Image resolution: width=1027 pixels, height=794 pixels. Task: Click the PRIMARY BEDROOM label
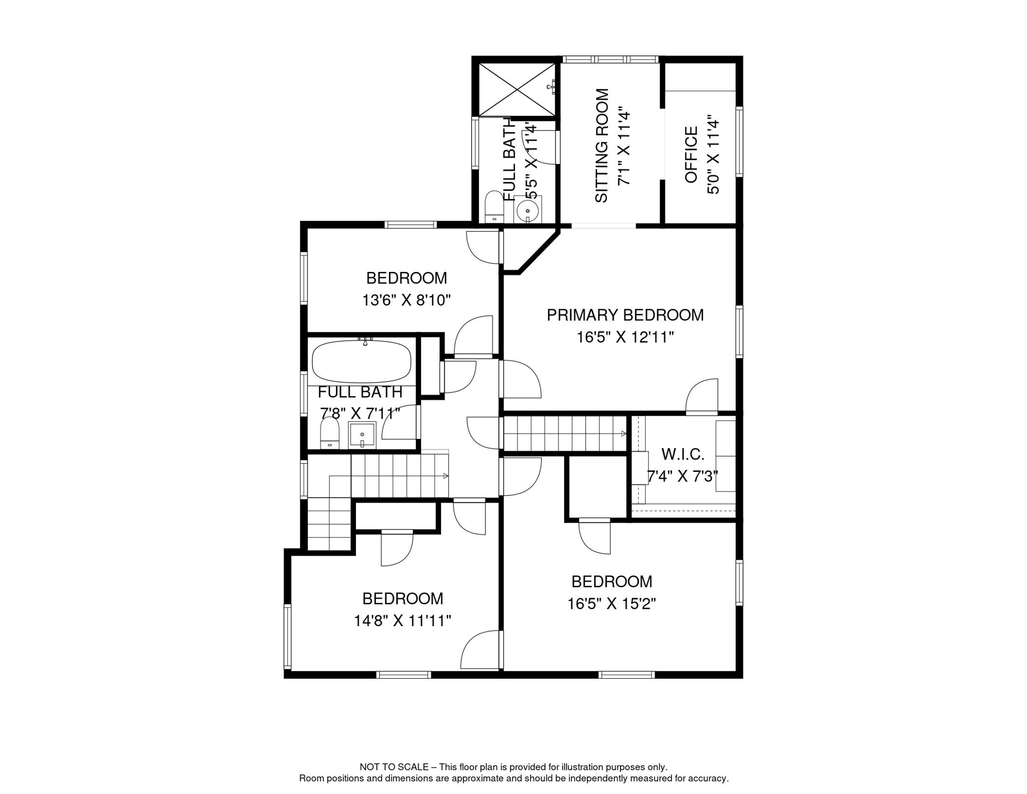625,315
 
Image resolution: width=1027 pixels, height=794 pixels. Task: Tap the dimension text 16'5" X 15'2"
612,604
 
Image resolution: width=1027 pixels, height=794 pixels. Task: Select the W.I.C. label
682,454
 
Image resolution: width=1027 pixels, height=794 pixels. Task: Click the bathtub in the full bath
362,361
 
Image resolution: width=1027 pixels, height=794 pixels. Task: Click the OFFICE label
691,155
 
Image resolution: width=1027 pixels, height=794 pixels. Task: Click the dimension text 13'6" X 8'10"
407,300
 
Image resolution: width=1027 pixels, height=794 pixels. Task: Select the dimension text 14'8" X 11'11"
402,621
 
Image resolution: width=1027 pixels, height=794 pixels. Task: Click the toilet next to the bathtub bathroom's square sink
330,433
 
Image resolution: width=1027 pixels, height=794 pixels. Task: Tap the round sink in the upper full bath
528,211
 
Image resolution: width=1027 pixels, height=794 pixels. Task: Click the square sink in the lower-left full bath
362,435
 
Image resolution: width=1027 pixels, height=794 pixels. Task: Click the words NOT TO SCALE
394,767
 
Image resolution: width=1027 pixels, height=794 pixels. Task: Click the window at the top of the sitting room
610,59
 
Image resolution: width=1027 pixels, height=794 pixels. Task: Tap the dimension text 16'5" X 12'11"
625,338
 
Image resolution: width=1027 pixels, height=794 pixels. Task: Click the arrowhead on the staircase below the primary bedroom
624,434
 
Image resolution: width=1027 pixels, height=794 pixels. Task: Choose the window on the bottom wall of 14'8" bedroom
403,675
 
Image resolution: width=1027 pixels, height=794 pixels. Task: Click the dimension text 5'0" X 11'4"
713,155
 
